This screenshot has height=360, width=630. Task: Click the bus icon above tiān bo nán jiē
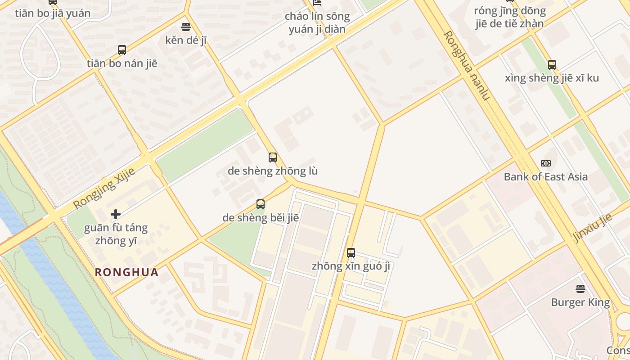[x=122, y=49]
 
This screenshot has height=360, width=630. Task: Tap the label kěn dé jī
[x=186, y=40]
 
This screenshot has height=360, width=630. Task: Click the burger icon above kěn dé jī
[x=186, y=27]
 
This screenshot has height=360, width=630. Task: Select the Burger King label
[x=580, y=302]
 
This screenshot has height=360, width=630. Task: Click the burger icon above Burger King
[x=580, y=288]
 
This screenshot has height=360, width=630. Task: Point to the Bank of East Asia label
[x=545, y=176]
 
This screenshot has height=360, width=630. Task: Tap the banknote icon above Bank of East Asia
[x=545, y=163]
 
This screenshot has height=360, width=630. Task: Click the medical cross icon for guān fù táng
[x=116, y=214]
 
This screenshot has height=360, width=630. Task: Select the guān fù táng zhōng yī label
[x=116, y=234]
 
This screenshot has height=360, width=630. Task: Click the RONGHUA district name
[x=127, y=272]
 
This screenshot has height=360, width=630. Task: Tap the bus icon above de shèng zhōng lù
[x=273, y=157]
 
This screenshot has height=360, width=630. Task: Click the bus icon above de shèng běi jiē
[x=261, y=204]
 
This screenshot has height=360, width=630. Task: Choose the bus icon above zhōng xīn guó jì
[x=351, y=252]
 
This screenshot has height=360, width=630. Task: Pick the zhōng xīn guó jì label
[x=351, y=266]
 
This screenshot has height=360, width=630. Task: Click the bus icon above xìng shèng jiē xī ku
[x=552, y=64]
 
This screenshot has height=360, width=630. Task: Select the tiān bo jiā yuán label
[x=53, y=13]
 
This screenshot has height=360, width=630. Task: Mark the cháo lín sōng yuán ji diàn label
[x=317, y=23]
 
